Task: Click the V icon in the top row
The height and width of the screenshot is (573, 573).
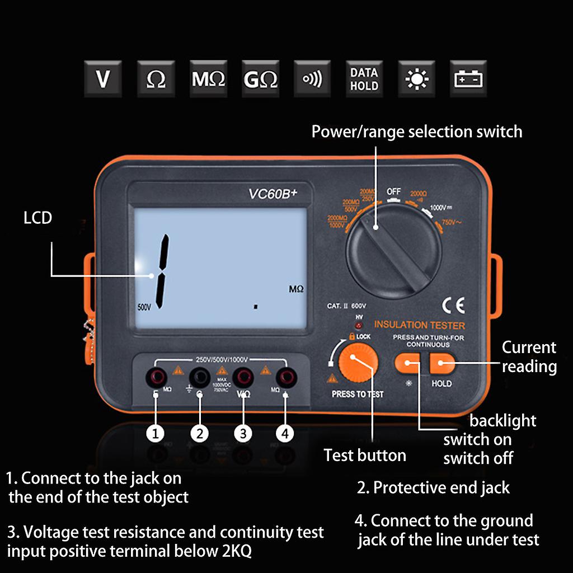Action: pos(102,79)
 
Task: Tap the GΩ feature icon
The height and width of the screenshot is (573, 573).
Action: pos(260,79)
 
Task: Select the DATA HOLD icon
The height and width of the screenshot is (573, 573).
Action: pos(364,79)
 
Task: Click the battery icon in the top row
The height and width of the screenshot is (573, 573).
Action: pos(468,79)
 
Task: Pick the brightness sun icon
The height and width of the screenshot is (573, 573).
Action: pos(416,79)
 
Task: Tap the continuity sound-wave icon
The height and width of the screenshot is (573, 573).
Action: pos(312,79)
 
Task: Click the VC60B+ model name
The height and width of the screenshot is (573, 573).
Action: pos(273,194)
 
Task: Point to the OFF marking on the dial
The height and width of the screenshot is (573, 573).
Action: pos(394,192)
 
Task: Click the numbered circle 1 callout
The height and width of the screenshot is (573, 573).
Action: pos(156,433)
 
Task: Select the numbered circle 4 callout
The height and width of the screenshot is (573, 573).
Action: pos(285,433)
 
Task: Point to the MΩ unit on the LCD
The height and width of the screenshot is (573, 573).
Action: pos(296,289)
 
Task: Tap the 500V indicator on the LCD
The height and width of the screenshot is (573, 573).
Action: pos(144,307)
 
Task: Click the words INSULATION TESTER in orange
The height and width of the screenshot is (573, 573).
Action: pos(420,325)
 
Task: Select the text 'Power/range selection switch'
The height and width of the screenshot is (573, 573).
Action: pos(416,132)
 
